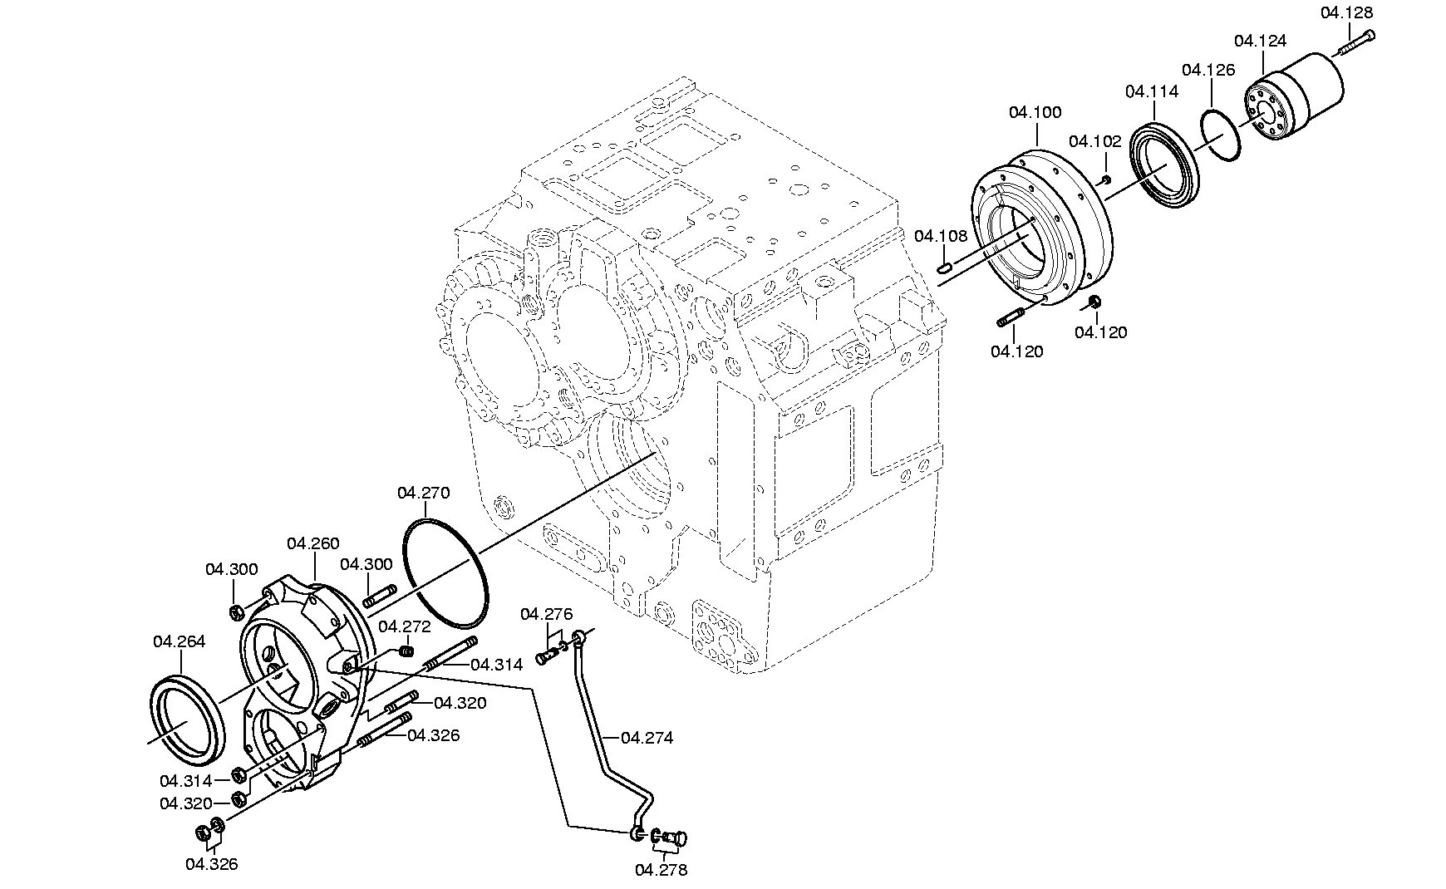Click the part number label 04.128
1346,12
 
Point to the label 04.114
1152,91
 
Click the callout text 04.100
1035,112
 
